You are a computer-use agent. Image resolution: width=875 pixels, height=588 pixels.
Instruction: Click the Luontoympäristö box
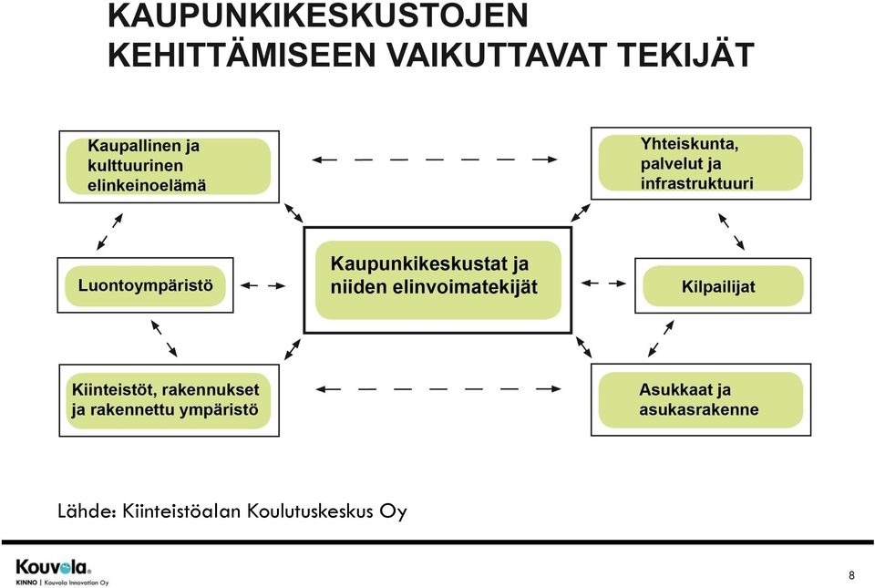click(145, 285)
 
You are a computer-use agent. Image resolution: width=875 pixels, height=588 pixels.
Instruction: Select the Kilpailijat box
click(723, 285)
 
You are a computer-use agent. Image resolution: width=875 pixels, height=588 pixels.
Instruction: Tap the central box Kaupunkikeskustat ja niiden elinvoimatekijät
click(437, 280)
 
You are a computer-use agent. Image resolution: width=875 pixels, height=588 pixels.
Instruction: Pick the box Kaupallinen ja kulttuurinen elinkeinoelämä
click(170, 167)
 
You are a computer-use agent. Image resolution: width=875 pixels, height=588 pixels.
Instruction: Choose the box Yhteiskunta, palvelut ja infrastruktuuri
click(701, 163)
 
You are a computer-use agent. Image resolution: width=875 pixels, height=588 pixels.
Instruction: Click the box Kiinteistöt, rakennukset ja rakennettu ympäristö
click(170, 400)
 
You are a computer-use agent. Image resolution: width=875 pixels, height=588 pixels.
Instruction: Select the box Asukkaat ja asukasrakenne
click(701, 400)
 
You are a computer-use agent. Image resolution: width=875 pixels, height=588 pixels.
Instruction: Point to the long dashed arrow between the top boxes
click(435, 160)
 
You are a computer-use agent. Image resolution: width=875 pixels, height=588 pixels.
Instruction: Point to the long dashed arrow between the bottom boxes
click(438, 389)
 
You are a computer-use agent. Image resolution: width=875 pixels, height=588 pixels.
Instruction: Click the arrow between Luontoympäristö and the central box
click(262, 285)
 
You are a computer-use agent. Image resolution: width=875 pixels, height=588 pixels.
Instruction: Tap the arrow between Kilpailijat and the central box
click(603, 284)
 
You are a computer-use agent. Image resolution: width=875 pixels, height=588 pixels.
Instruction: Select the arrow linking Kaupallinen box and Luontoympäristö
click(109, 232)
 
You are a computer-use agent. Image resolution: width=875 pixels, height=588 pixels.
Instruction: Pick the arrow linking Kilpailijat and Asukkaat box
click(662, 338)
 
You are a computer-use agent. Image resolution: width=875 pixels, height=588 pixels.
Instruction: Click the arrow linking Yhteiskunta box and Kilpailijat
click(731, 232)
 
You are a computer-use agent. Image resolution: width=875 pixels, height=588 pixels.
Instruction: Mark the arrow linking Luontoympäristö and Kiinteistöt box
click(164, 338)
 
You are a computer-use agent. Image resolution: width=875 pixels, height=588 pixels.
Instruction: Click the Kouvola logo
click(54, 567)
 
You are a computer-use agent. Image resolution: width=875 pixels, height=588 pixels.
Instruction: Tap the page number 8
click(851, 575)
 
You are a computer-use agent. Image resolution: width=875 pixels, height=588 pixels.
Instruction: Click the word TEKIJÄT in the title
click(685, 55)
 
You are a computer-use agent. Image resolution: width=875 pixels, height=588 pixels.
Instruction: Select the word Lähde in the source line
click(87, 511)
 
